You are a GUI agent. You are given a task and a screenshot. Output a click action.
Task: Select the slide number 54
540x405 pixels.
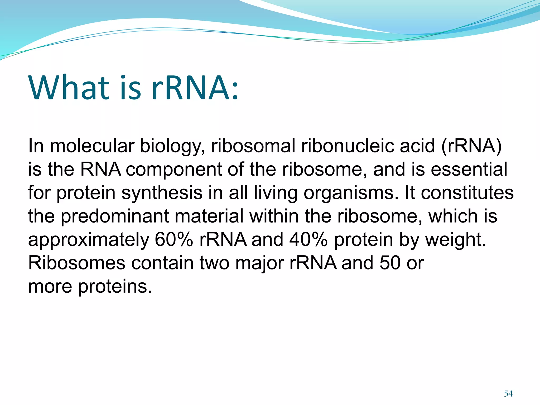pyautogui.click(x=508, y=394)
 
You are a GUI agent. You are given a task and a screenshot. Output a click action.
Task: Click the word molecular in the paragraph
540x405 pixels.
pyautogui.click(x=92, y=146)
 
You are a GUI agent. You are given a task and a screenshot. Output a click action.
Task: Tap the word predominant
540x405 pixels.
pyautogui.click(x=115, y=216)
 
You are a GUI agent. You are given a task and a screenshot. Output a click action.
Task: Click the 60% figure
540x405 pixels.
pyautogui.click(x=174, y=239)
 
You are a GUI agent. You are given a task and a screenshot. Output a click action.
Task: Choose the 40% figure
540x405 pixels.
pyautogui.click(x=308, y=239)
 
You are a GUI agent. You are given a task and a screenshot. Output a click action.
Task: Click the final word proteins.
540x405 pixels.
pyautogui.click(x=115, y=287)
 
